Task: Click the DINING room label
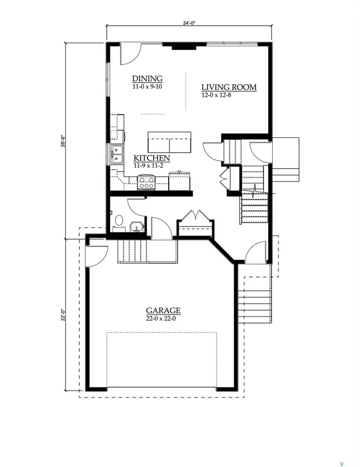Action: [x=147, y=78]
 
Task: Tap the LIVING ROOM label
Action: [x=229, y=87]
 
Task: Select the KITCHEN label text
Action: [x=152, y=158]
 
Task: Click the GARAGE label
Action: [x=163, y=311]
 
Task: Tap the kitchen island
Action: [x=169, y=142]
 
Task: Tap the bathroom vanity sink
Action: [x=137, y=227]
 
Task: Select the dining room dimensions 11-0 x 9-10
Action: [x=147, y=87]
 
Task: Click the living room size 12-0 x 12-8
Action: [x=216, y=95]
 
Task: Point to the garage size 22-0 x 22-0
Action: [x=163, y=318]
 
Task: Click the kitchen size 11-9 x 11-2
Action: [x=149, y=166]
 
